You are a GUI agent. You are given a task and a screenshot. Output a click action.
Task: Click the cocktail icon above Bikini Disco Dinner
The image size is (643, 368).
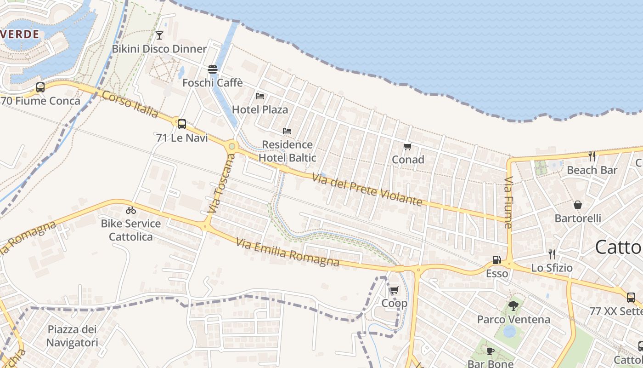pyautogui.click(x=159, y=35)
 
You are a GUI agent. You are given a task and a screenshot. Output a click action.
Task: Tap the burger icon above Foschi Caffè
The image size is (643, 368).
pyautogui.click(x=213, y=69)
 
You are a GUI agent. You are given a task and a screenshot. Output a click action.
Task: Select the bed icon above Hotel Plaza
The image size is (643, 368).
pyautogui.click(x=260, y=96)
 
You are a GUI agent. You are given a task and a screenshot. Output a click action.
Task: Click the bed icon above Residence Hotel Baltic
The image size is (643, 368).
pyautogui.click(x=287, y=131)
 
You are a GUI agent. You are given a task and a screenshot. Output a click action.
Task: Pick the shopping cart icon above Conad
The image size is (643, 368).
pyautogui.click(x=407, y=147)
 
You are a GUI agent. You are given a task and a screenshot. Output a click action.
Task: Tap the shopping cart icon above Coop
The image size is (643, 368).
pyautogui.click(x=394, y=290)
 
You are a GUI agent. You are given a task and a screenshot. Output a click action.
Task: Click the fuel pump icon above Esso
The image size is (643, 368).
pyautogui.click(x=496, y=260)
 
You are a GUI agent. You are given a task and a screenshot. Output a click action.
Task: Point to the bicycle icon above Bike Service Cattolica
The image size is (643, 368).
pyautogui.click(x=131, y=210)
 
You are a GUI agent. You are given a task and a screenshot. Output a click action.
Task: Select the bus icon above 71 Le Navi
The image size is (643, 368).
pyautogui.click(x=182, y=124)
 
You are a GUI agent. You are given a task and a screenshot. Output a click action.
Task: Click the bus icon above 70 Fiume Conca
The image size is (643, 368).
pyautogui.click(x=40, y=87)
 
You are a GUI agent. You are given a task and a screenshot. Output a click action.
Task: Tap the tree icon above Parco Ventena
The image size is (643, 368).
pyautogui.click(x=513, y=306)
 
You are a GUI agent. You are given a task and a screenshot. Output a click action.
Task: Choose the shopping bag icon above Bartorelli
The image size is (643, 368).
pyautogui.click(x=578, y=205)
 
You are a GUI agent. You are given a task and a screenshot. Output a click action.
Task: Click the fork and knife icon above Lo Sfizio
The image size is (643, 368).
pyautogui.click(x=552, y=254)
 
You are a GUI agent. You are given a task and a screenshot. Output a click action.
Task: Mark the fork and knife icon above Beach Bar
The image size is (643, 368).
pyautogui.click(x=592, y=156)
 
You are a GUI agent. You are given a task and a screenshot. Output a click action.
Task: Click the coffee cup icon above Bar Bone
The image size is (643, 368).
pyautogui.click(x=491, y=351)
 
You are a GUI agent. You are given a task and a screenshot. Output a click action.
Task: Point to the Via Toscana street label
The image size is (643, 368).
pyautogui.click(x=221, y=183)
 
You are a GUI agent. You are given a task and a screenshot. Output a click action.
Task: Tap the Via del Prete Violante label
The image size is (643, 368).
pyautogui.click(x=367, y=189)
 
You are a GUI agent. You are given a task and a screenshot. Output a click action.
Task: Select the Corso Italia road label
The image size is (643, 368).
pyautogui.click(x=130, y=104)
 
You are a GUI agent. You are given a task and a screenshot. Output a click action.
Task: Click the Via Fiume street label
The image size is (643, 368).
pyautogui.click(x=508, y=202)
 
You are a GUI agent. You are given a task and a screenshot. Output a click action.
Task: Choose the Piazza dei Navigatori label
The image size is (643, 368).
pyautogui.click(x=73, y=336)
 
